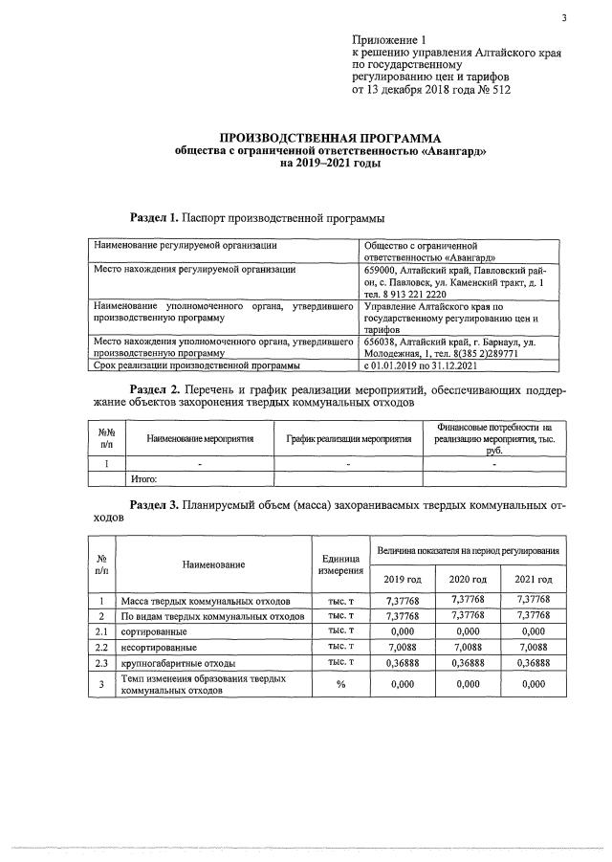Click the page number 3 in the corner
coord(564,17)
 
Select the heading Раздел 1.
coord(153,217)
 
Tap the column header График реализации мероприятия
coord(349,438)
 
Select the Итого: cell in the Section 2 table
coord(142,478)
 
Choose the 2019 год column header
coord(402,580)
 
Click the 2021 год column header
coord(533,580)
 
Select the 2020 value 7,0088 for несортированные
coord(468,647)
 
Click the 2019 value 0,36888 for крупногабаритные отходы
coord(402,663)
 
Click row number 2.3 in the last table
coord(100,663)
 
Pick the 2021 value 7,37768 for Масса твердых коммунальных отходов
coord(533,599)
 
